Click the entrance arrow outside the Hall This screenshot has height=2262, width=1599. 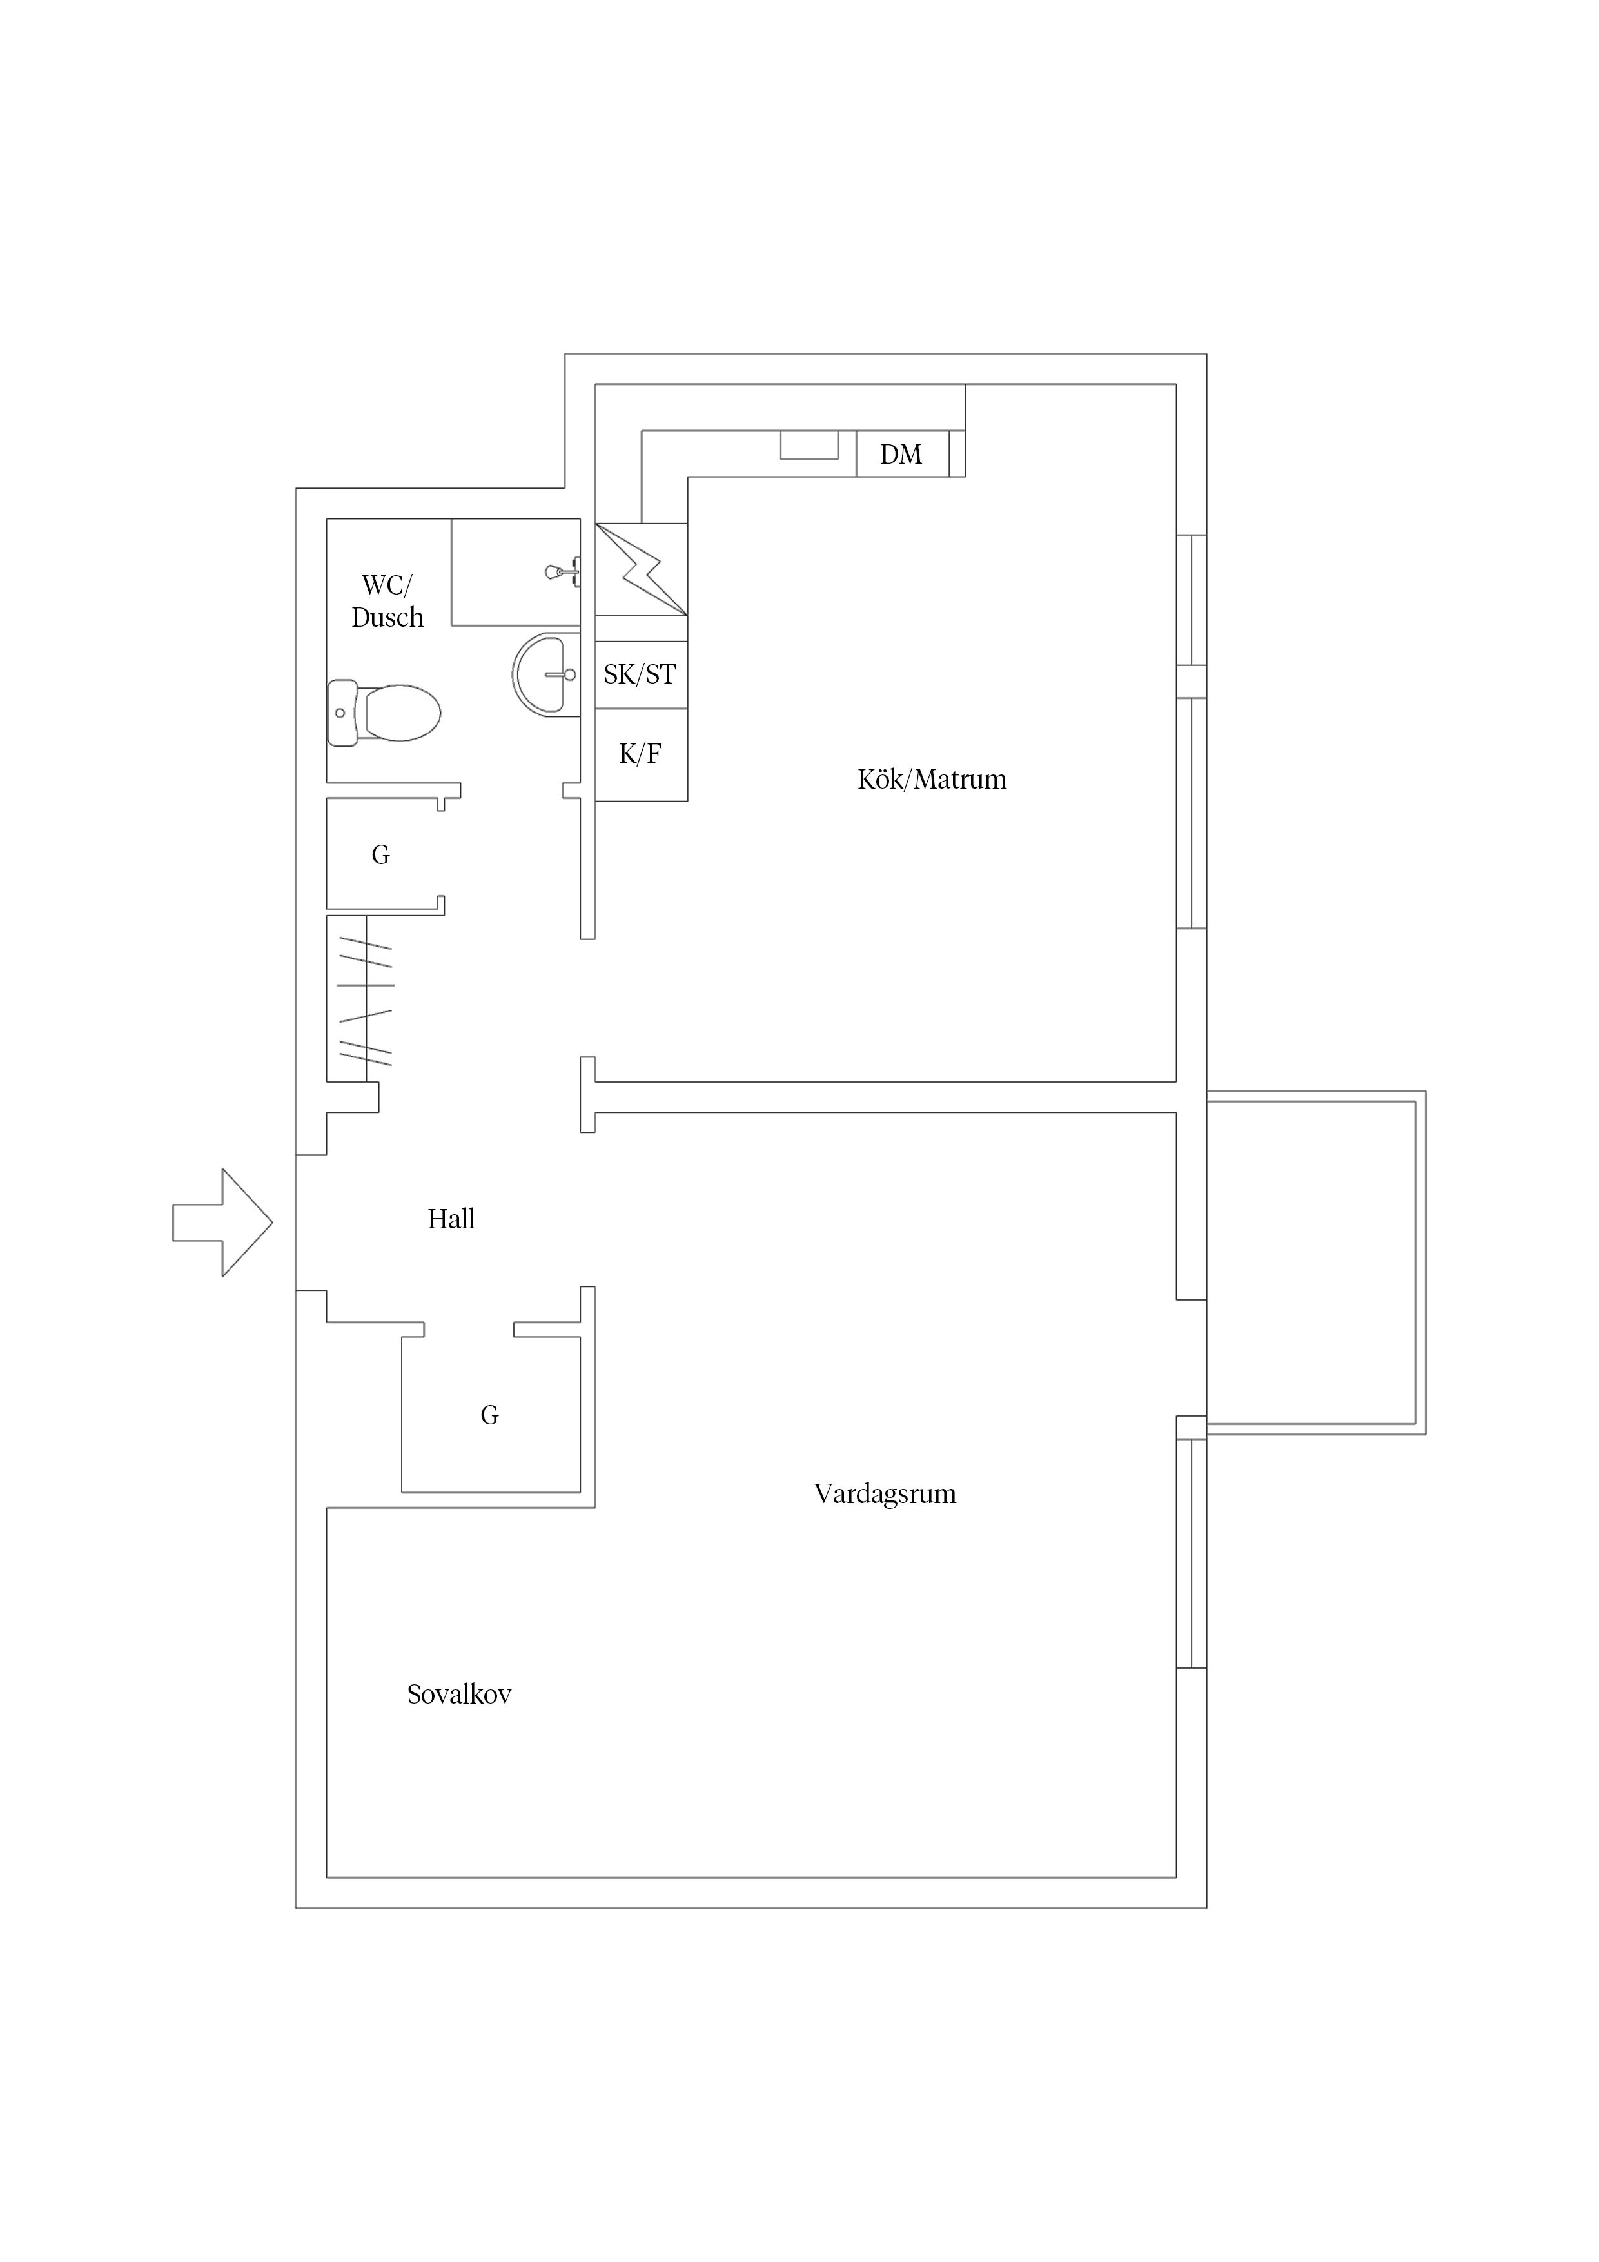pos(222,1223)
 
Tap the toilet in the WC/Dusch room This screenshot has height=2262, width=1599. pos(384,713)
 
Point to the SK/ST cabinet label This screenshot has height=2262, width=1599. pos(640,675)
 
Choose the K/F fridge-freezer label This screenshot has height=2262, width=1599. pos(640,754)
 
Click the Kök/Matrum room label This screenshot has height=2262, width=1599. pos(932,780)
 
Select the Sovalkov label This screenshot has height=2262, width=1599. pos(459,1695)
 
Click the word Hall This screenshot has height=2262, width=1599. pos(451,1219)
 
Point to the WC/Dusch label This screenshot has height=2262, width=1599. pos(387,601)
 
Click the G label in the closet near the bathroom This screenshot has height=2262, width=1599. pos(380,855)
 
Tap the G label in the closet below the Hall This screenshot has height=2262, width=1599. pos(489,1415)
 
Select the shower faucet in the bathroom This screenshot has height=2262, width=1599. pos(563,571)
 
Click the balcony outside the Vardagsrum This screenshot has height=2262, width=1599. pos(1316,1262)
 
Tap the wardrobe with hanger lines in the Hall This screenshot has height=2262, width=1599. pos(360,999)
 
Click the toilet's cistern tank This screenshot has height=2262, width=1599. pos(342,713)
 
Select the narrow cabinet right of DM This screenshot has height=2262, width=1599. pos(957,454)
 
